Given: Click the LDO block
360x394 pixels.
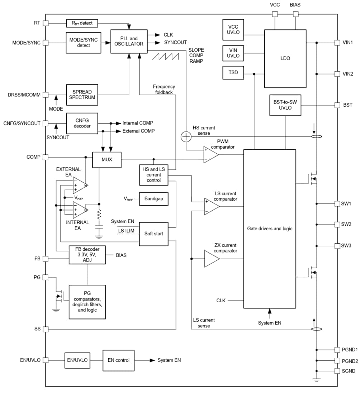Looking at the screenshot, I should [x=285, y=58].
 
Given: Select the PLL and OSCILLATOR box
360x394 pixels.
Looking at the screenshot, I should [x=129, y=41].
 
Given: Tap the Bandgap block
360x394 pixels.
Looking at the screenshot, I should [x=153, y=198].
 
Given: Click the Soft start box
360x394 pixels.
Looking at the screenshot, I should [x=153, y=234].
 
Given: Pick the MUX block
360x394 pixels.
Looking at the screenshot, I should [x=107, y=159].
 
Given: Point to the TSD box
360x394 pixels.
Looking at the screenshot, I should [x=233, y=73].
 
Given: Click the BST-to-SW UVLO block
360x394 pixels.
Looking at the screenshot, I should [x=285, y=105].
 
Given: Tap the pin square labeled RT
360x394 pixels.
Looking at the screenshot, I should [x=46, y=23].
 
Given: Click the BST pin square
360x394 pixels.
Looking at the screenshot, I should [x=337, y=105].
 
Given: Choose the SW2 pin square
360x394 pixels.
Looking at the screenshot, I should [x=337, y=225].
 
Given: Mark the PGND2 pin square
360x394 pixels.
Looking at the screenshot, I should [x=337, y=361].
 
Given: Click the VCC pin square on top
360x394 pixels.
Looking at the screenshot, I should [x=275, y=14].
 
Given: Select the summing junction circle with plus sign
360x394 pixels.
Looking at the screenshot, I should [x=186, y=136].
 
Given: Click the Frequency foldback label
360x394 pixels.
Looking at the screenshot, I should [x=164, y=89].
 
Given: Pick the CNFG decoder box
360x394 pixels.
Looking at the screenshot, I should [x=82, y=123].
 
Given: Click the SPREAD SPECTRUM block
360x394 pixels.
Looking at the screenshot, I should [x=82, y=95].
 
